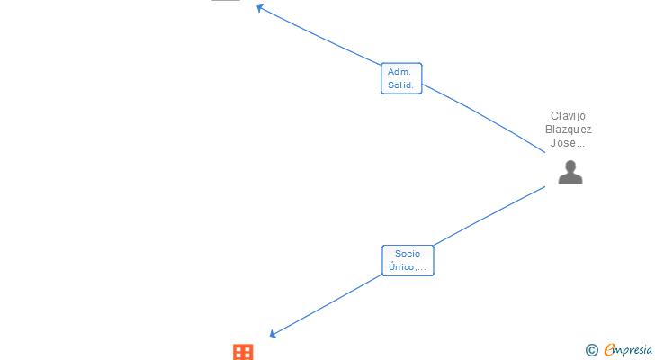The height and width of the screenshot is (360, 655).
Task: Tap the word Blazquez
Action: tap(570, 129)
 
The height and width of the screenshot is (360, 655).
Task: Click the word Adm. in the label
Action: tap(399, 71)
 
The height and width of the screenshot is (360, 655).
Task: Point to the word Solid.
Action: tap(400, 85)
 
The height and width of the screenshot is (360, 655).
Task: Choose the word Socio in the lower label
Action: tap(407, 253)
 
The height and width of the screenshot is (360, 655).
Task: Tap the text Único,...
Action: tap(407, 267)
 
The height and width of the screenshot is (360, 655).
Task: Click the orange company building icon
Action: tap(243, 352)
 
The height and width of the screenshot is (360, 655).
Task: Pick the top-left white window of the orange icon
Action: tap(238, 348)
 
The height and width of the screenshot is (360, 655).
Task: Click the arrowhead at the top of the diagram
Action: tap(259, 8)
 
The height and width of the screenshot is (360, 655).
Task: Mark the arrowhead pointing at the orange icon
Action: tap(274, 335)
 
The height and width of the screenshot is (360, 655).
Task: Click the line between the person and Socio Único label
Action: tap(490, 214)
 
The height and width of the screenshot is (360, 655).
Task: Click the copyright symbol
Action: tap(591, 350)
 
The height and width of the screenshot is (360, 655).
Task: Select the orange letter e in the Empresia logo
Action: tap(609, 350)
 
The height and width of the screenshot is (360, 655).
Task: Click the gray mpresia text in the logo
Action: tap(634, 351)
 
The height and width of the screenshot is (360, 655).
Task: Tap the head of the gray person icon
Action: tap(570, 166)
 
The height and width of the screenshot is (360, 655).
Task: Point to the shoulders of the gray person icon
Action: tap(570, 178)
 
